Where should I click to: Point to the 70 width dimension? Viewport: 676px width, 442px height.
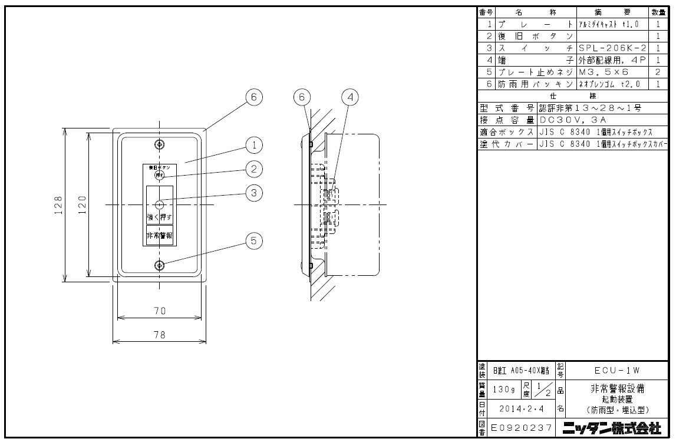(160, 311)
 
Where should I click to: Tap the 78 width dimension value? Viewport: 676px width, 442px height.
(160, 334)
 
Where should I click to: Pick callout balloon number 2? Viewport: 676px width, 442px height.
(253, 169)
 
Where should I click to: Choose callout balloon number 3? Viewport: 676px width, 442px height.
(253, 192)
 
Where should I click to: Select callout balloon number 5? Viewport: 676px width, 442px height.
(253, 240)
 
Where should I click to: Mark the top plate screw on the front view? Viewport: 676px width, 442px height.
(159, 144)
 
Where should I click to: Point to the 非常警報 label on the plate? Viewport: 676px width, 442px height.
(159, 236)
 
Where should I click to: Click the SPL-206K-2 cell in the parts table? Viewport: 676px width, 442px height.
(612, 48)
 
